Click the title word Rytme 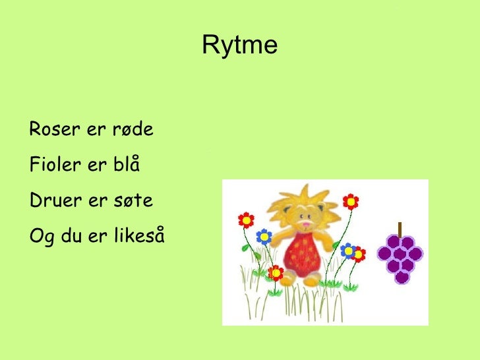pos(239,45)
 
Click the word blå pos(125,164)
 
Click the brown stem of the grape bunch pos(399,229)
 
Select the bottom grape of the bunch pos(402,277)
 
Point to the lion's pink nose pos(307,224)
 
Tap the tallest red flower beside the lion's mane pos(351,202)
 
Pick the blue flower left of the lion pos(264,236)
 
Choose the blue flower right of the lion pos(347,250)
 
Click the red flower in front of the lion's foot pos(277,272)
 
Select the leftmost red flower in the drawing pos(246,220)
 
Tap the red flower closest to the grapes pos(358,254)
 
